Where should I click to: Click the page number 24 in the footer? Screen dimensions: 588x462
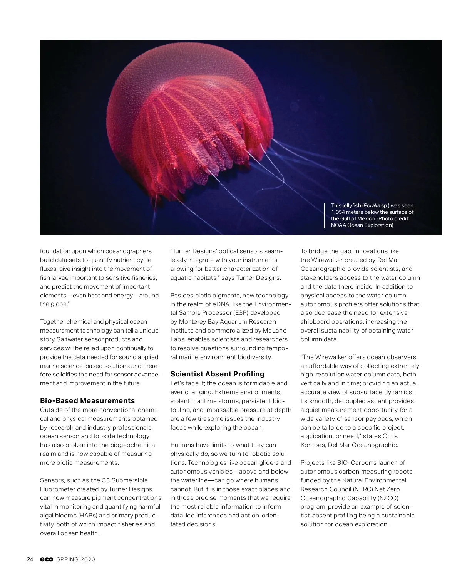[x=30, y=559]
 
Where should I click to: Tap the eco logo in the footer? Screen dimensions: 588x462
[x=47, y=559]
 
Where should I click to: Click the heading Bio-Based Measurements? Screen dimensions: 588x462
[x=87, y=401]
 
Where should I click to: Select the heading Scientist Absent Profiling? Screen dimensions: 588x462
[x=217, y=374]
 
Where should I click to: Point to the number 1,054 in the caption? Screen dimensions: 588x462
[x=338, y=212]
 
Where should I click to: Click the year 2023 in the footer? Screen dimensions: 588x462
[x=88, y=559]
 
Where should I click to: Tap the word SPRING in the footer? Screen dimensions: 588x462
[x=67, y=559]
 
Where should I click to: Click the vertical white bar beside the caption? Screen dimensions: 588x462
[x=325, y=215]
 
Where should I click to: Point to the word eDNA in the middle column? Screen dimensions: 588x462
[x=221, y=304]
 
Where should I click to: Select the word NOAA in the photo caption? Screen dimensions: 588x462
[x=338, y=225]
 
